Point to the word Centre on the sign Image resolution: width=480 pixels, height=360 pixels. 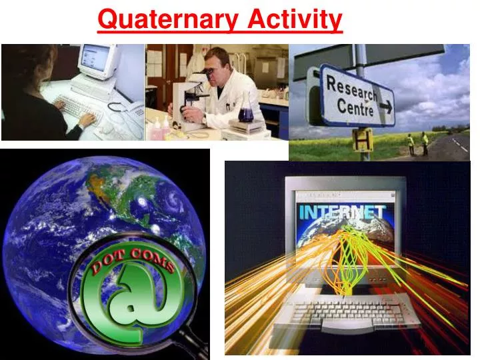coord(355,107)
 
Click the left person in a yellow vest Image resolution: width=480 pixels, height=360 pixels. coord(411,143)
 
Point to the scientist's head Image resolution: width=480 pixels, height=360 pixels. coord(218,61)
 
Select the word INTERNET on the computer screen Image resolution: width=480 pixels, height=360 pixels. coord(342,212)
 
